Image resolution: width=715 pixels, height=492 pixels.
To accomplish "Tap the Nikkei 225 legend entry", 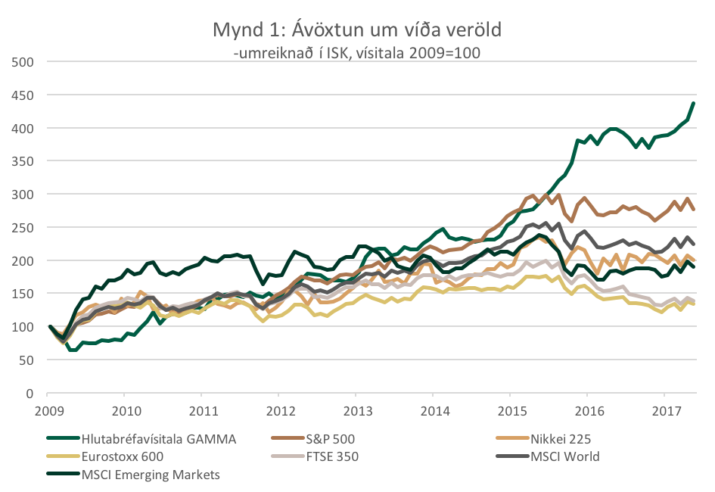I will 561,438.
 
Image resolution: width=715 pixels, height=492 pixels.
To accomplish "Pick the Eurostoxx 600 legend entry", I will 123,456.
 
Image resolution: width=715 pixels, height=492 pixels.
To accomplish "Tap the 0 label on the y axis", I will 32,394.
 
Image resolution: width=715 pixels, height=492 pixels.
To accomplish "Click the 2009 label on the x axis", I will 47,409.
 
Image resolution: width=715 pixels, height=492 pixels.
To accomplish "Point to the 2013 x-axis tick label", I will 356,409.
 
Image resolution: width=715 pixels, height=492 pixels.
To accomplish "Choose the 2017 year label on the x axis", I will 664,409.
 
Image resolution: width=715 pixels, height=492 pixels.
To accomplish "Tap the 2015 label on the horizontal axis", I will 509,409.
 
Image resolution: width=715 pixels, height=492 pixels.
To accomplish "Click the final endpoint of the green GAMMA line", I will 694,103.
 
